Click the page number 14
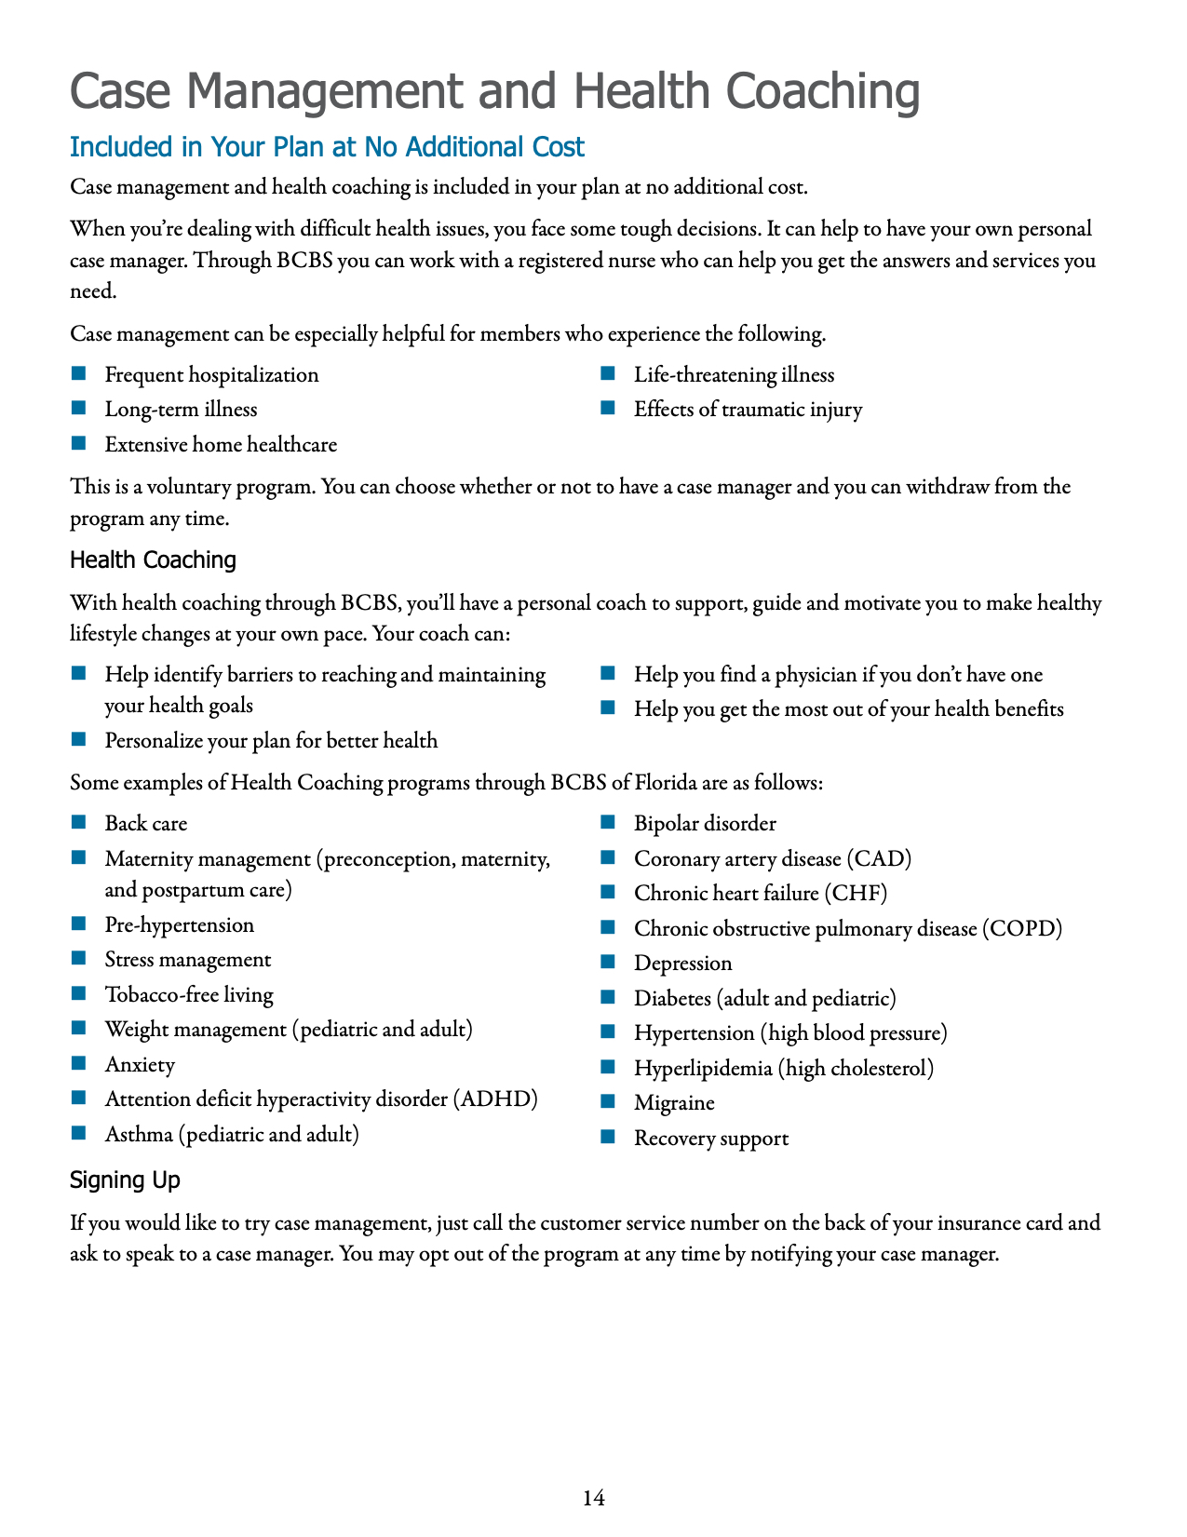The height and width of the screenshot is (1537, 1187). coord(594,1498)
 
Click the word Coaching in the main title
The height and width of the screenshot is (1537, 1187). coord(822,91)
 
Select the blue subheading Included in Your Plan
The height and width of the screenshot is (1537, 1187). coord(327,147)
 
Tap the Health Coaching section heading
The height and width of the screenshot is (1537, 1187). coord(153,560)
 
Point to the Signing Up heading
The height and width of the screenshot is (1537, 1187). coord(125,1180)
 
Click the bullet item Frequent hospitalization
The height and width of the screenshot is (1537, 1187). coord(211,375)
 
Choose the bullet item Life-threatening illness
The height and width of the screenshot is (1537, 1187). coord(734,375)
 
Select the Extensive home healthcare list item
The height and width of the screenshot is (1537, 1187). coord(221,445)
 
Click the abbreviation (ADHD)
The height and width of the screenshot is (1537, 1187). coord(495,1099)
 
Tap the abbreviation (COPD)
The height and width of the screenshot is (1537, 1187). coord(1021,928)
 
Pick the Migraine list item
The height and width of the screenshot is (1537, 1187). coord(674,1103)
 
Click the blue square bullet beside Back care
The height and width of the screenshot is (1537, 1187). coord(79,822)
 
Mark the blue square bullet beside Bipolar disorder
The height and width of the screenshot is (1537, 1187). coord(609,822)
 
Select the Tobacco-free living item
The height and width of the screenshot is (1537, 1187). coord(189,995)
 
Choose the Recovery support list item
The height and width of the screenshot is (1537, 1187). coord(710,1139)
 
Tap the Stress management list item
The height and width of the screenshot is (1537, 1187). coord(188,960)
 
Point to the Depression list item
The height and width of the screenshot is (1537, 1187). coord(682,964)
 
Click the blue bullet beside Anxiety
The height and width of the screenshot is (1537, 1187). coord(79,1063)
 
